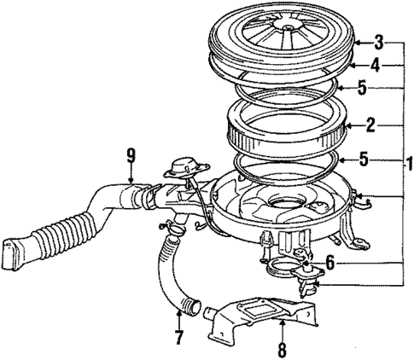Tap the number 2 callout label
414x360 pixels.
pos(370,125)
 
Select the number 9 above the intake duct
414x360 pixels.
pos(131,155)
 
